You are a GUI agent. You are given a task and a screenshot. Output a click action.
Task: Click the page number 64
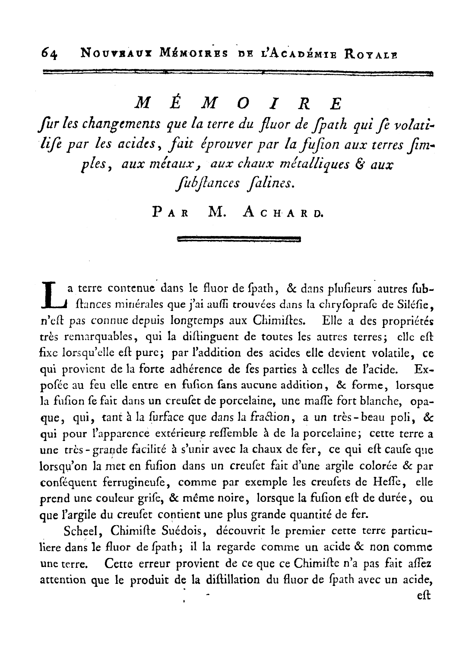(50, 54)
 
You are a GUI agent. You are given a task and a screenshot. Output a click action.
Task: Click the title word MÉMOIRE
(238, 104)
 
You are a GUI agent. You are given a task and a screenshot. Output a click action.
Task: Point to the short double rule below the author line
(238, 239)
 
